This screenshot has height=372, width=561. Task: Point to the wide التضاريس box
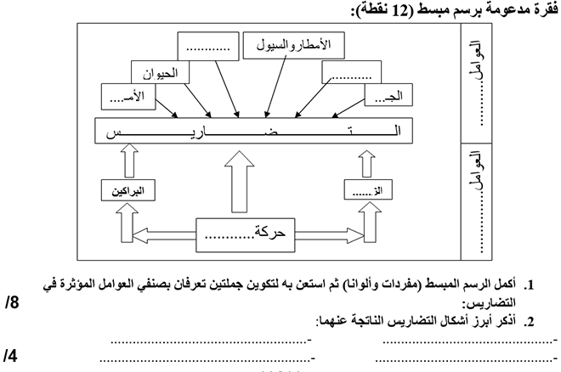(x=256, y=133)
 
